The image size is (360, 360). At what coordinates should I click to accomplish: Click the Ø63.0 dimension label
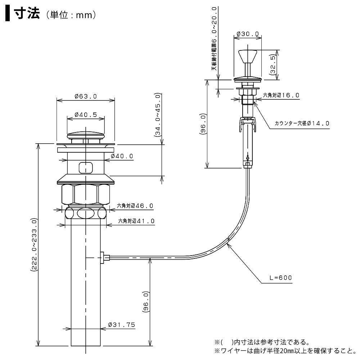[86, 96]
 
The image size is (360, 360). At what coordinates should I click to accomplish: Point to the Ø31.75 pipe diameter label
[121, 325]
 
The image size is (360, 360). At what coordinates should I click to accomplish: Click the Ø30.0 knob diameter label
[248, 34]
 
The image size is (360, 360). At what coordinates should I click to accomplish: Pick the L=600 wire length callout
[279, 278]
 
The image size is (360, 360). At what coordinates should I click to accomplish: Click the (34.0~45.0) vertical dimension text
[157, 115]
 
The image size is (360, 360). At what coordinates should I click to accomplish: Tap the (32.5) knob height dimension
[273, 63]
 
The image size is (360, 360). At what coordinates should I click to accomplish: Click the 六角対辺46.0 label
[135, 206]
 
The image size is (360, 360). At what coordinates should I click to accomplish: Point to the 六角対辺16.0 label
[281, 95]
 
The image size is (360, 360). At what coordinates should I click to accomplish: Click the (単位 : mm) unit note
[70, 15]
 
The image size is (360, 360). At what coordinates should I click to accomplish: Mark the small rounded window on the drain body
[86, 167]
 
